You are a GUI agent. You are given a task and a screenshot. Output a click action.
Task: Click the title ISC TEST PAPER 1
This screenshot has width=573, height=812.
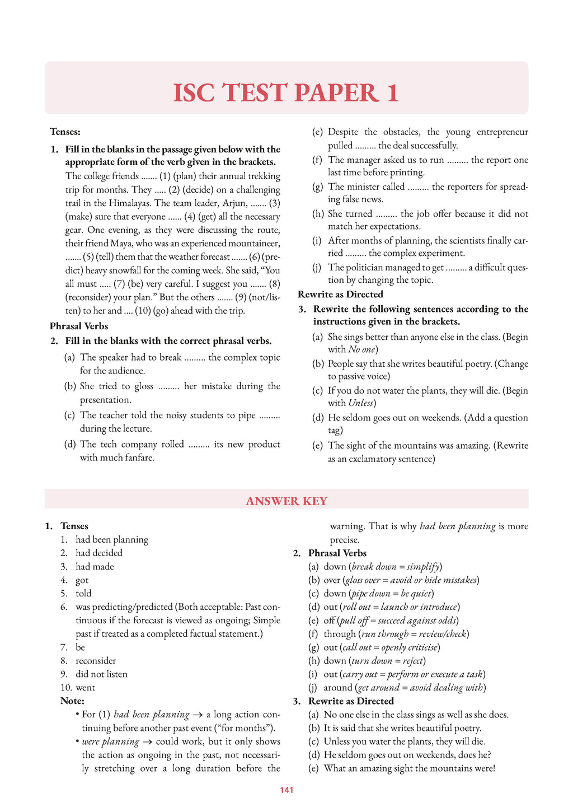[286, 93]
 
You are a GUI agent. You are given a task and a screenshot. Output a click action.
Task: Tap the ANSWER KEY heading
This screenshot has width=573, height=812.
[286, 501]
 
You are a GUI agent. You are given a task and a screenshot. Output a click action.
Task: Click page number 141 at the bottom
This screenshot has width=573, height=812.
[286, 790]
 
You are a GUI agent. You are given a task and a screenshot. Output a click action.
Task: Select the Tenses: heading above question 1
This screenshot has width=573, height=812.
[65, 132]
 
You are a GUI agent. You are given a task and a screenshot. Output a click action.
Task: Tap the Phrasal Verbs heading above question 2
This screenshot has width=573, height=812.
[79, 326]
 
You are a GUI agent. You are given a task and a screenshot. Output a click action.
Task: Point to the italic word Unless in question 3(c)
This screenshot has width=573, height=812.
[361, 403]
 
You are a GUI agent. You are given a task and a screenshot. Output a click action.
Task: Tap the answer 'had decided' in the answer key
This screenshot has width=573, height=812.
[99, 553]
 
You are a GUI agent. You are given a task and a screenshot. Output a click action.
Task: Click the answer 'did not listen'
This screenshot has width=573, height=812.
[101, 674]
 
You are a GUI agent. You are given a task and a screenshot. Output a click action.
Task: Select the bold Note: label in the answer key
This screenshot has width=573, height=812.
[72, 701]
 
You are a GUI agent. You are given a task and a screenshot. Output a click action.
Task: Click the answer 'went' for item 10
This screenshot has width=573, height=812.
[86, 687]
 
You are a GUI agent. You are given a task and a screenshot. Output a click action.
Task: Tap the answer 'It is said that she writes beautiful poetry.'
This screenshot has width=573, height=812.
[402, 727]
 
